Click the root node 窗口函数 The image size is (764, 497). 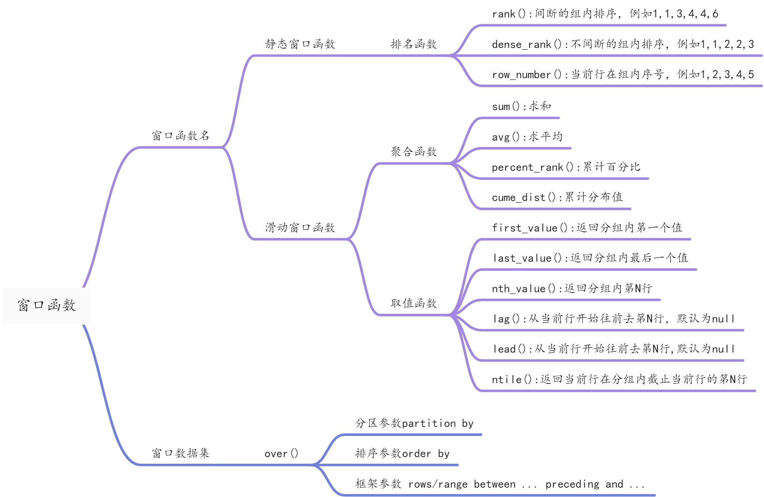[x=46, y=305]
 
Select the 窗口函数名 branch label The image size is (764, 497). [x=180, y=136]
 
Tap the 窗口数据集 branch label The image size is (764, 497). [x=180, y=453]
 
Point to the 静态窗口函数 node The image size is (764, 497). [x=300, y=44]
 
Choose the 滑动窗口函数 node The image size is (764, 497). [x=300, y=228]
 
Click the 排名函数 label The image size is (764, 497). [x=414, y=44]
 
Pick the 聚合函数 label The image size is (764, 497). [x=414, y=152]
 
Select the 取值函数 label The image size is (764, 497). [x=414, y=303]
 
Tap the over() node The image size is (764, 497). [x=281, y=454]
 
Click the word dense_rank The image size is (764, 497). [x=521, y=44]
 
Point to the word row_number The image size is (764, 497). [x=521, y=75]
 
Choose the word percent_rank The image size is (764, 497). [x=527, y=167]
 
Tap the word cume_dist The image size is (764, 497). [x=518, y=197]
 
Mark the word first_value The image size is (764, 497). [x=524, y=228]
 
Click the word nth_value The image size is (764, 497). [x=518, y=289]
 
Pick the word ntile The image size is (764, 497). [x=507, y=379]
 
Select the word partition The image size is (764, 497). [x=429, y=423]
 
